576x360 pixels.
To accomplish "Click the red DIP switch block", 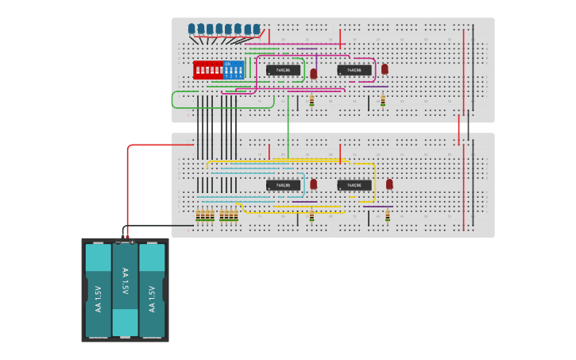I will [x=208, y=70].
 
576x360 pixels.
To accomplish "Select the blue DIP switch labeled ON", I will [x=234, y=70].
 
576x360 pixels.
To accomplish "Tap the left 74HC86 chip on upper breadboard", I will [x=283, y=70].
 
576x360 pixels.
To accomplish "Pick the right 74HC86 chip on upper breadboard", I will [x=354, y=70].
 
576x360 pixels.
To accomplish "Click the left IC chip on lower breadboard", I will [x=283, y=185].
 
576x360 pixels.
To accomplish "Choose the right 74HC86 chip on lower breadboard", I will [x=354, y=185].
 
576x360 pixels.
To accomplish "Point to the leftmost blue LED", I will [x=191, y=29].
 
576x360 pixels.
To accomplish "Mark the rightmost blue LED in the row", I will [x=256, y=29].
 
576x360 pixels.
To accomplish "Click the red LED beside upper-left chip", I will [x=314, y=73].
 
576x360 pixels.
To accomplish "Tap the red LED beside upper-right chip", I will [x=385, y=69].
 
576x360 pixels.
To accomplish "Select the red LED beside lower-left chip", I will [x=314, y=184].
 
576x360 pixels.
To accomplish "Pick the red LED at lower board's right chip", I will [x=389, y=184].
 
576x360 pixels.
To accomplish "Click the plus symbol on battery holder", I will [x=132, y=242].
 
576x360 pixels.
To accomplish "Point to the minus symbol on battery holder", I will [x=118, y=242].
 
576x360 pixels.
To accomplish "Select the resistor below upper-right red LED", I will [x=382, y=101].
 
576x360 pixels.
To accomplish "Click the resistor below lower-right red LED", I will [x=388, y=215].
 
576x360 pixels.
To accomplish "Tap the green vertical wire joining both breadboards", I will [x=288, y=127].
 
